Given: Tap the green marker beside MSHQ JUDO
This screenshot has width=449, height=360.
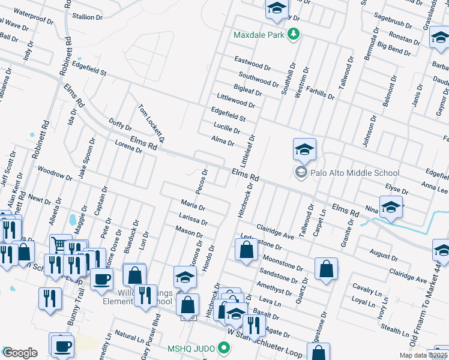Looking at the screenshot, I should coord(224,347).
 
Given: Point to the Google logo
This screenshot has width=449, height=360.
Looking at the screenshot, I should coord(20,353).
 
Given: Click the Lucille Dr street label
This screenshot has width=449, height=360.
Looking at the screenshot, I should coord(227,127).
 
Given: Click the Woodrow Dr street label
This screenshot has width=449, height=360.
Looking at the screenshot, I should coord(55,173).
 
